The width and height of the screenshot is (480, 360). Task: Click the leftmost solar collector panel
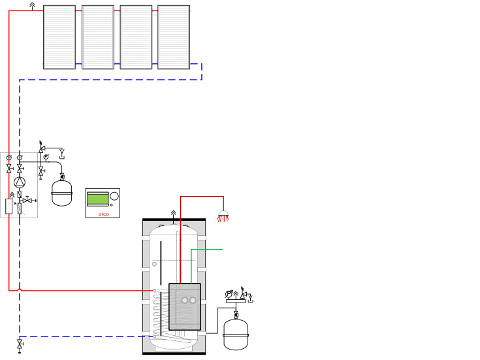(x=59, y=37)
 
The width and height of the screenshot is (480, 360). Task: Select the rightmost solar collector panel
(x=174, y=37)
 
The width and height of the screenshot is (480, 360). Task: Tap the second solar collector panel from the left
(x=98, y=37)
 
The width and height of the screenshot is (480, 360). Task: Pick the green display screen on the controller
(x=97, y=198)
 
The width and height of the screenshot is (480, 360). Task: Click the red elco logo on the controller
(x=103, y=212)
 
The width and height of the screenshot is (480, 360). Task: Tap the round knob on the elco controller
(x=114, y=196)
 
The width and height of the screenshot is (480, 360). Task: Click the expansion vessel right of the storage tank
(x=236, y=334)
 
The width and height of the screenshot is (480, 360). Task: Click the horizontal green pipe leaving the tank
(x=208, y=250)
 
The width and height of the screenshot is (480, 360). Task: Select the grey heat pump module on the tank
(x=185, y=306)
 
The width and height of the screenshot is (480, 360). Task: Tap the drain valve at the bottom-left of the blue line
(x=20, y=344)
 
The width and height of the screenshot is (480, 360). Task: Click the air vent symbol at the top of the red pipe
(x=33, y=6)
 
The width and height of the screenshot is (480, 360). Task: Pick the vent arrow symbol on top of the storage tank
(x=173, y=213)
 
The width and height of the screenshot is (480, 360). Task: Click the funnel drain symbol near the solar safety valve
(x=63, y=155)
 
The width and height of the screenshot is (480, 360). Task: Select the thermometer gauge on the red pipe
(x=9, y=157)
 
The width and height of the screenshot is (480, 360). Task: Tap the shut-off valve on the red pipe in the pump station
(x=9, y=169)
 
